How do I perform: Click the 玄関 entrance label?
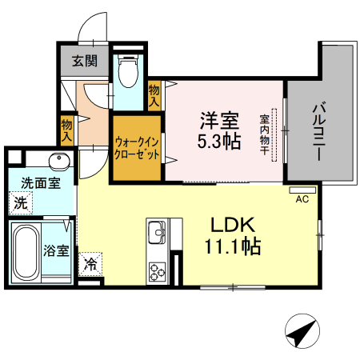(x=83, y=60)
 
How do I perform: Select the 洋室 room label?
(x=218, y=122)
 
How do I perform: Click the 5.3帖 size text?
(x=218, y=142)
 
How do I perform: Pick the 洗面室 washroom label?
(x=39, y=182)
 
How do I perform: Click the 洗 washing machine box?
(x=18, y=202)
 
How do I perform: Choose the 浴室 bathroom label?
(x=56, y=250)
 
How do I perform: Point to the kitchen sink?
(x=156, y=234)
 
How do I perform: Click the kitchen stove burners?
(x=155, y=270)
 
